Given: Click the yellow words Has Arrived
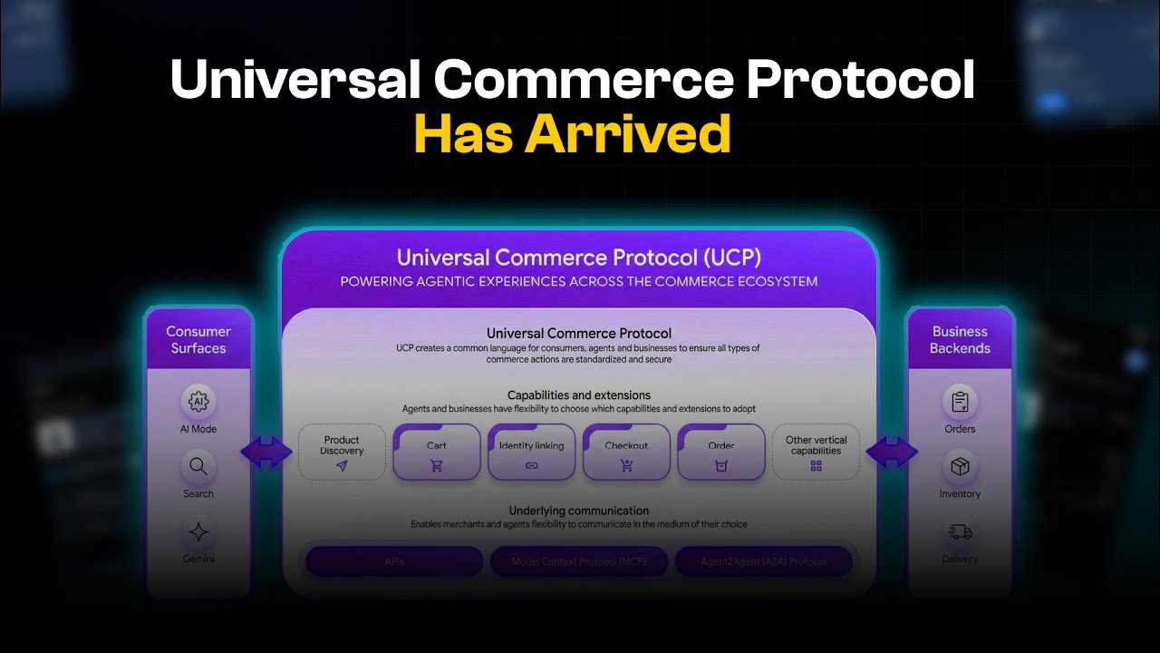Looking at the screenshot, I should [573, 133].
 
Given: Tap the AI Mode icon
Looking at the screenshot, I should [198, 400].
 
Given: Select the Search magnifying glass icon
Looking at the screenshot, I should [198, 468].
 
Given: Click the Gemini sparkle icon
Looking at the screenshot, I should [198, 532].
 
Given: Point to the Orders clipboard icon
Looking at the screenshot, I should [960, 400].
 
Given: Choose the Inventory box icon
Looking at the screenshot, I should [960, 467].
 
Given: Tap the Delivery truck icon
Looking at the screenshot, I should [960, 532].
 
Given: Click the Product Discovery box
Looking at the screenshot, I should [342, 452].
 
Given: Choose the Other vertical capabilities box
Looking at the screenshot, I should [816, 452].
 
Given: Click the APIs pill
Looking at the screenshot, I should [394, 561].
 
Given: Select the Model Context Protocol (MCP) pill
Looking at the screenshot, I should [579, 561].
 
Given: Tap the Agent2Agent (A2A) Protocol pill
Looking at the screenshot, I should [763, 561].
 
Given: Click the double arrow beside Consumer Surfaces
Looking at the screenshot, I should [266, 452].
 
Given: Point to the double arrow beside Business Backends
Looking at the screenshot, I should [892, 452].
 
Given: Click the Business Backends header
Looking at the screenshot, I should [961, 339].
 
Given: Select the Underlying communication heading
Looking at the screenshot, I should [578, 511].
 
